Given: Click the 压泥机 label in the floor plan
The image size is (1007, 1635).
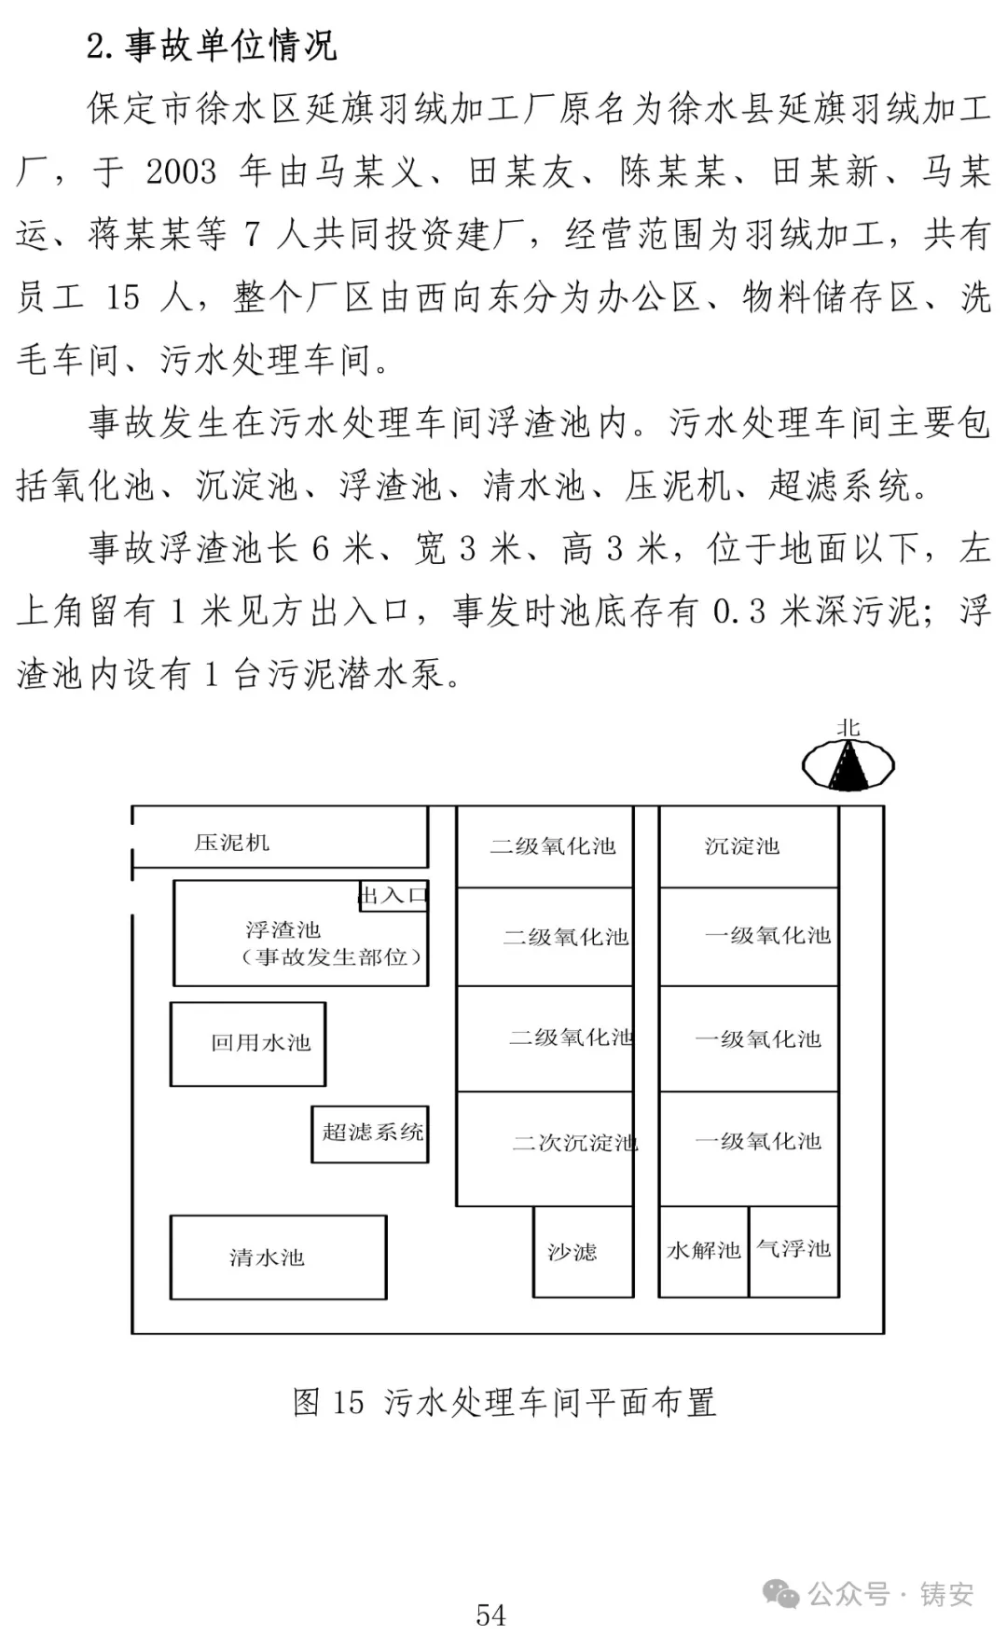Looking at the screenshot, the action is [232, 843].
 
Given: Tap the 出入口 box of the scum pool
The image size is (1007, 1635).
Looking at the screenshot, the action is [393, 896].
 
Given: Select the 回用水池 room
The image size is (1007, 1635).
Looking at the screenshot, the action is [248, 1044].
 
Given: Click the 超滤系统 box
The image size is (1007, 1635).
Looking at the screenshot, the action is [370, 1134].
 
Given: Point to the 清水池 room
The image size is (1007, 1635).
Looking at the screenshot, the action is [278, 1257].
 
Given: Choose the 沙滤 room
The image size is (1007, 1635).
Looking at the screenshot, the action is [583, 1251].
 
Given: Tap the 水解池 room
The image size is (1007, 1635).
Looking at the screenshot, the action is [703, 1251].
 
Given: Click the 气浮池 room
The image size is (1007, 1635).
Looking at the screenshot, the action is [793, 1251].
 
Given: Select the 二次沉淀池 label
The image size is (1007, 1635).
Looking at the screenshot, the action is [574, 1143].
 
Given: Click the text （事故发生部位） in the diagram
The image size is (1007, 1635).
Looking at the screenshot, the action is [331, 957].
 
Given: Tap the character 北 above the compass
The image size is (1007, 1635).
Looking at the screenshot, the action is [848, 728].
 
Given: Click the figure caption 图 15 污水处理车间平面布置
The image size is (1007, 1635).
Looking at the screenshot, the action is [504, 1402].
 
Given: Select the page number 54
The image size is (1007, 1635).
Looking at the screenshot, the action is [491, 1614].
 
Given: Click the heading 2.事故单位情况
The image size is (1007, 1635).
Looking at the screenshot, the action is [212, 45].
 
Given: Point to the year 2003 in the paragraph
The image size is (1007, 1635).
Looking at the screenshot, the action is [181, 172].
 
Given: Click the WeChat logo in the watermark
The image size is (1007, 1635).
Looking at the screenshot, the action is [780, 1594].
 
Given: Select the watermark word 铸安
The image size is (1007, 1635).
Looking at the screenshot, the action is [946, 1594].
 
